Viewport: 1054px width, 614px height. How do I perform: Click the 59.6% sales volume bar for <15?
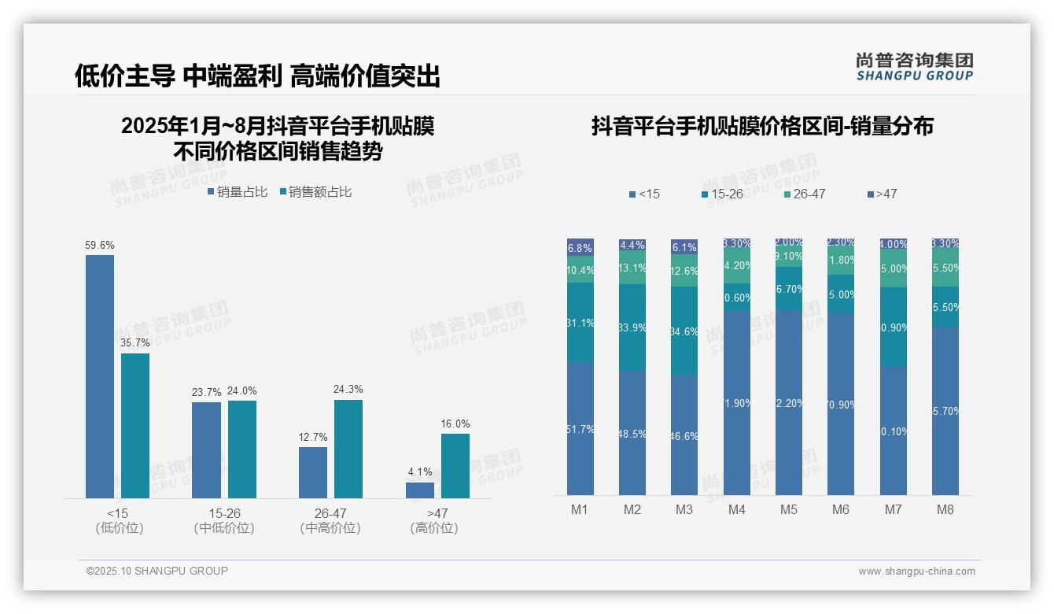click(x=100, y=376)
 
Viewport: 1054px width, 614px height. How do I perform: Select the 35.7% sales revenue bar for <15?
click(x=135, y=425)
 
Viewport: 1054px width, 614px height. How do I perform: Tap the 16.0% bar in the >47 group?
click(x=455, y=465)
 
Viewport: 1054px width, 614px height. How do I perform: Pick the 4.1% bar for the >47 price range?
click(x=420, y=490)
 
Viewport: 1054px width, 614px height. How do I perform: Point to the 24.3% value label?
click(x=348, y=390)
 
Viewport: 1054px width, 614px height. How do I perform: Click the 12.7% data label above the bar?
click(x=313, y=437)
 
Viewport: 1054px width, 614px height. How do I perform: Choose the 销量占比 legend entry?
click(x=238, y=192)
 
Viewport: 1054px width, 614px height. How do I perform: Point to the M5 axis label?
click(x=788, y=509)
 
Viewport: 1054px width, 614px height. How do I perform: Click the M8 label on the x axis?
click(x=945, y=509)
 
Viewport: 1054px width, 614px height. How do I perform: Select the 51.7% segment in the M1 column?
click(x=580, y=429)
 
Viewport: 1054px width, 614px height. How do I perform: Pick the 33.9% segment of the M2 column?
click(x=632, y=327)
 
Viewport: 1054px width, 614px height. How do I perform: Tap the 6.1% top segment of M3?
click(x=684, y=246)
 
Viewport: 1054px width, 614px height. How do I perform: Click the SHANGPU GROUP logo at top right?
click(x=914, y=67)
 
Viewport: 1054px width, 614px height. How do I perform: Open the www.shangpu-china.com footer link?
click(x=916, y=571)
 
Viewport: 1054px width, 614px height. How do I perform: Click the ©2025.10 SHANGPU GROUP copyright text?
click(x=157, y=571)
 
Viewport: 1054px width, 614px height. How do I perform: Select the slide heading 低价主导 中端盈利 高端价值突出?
click(x=257, y=76)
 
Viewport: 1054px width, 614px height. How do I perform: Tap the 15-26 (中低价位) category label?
click(x=224, y=520)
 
